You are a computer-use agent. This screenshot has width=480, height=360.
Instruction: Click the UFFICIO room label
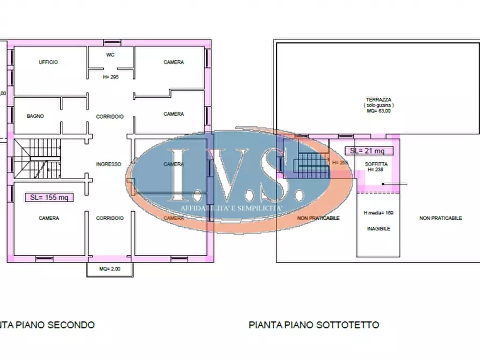coord(48,62)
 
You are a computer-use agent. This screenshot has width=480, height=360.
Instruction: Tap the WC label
coord(110,54)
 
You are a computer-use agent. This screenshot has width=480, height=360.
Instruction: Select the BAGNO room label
coord(35,116)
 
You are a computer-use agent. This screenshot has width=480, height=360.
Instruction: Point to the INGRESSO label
coord(108,164)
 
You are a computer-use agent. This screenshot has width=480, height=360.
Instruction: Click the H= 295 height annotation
coord(110,77)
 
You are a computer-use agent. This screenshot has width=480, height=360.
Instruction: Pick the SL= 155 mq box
coord(49,197)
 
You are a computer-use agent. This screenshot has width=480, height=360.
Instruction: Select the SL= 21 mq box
coord(368,151)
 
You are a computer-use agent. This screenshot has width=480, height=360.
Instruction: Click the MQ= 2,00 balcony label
coord(110,269)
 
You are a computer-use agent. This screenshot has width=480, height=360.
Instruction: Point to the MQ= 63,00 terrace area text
coord(378,111)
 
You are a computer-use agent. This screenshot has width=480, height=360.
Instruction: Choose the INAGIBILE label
coord(378,228)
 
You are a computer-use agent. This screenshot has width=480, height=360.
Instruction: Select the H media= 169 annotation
coord(378,213)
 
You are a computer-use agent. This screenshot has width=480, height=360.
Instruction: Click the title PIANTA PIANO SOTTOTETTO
coord(314,325)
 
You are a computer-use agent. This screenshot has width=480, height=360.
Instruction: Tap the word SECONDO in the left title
coord(71,325)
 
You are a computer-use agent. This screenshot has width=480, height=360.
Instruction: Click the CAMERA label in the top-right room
coord(174,62)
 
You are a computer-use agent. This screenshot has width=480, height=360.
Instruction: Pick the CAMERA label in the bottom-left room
coord(49,218)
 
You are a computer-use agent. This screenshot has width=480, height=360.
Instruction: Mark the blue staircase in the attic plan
coord(313,162)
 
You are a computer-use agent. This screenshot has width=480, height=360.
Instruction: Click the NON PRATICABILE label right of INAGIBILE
coord(441,218)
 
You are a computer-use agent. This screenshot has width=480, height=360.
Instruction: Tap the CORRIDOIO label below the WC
coord(110,116)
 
